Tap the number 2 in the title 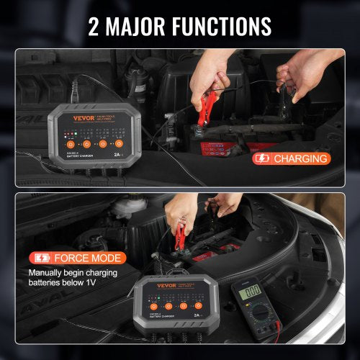point(94,25)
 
